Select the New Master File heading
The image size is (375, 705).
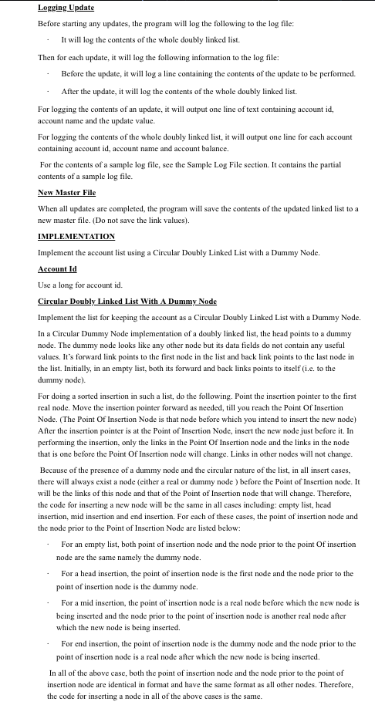[66, 192]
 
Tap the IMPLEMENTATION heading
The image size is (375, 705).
[76, 236]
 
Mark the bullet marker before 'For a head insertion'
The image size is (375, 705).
[47, 574]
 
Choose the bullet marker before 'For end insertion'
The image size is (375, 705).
[47, 643]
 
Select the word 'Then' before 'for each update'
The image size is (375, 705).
[46, 58]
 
